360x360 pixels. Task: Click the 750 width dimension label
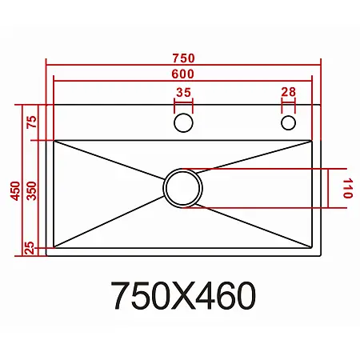[183, 58]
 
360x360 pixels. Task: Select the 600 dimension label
[183, 73]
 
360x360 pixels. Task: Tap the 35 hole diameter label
[183, 93]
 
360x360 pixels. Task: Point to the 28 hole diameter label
[288, 93]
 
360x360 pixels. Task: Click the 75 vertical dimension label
[32, 122]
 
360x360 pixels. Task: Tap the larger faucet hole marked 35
[183, 122]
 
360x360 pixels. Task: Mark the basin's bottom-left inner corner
[54, 246]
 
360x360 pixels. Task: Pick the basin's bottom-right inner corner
[312, 246]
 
